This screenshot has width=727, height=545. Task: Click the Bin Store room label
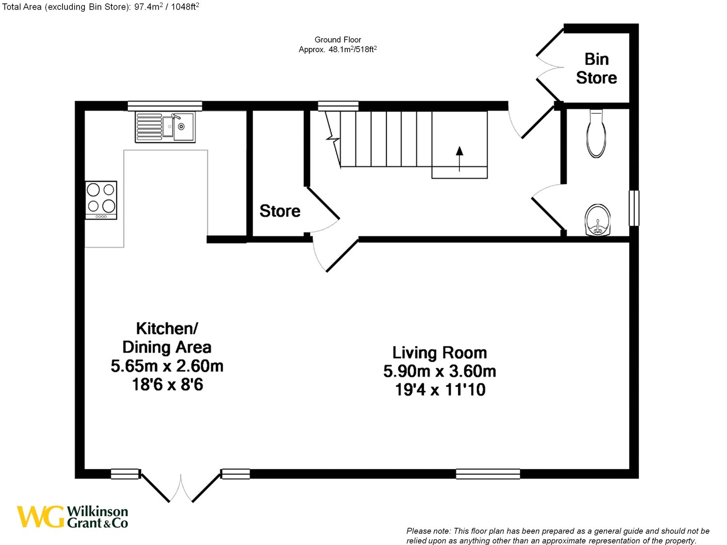coord(596,68)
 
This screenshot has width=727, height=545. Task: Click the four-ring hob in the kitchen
coord(101,200)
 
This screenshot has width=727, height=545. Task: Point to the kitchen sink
coord(165,127)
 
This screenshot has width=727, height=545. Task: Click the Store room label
coord(280,211)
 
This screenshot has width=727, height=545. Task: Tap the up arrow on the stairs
coord(459,158)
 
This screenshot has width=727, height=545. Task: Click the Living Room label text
coord(439,352)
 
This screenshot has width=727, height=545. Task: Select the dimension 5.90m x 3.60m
coord(439,371)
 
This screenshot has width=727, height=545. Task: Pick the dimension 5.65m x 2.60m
coord(167,366)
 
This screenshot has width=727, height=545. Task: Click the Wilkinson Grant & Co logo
coord(73,517)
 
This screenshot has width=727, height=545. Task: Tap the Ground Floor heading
coord(338,40)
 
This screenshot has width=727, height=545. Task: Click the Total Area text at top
coord(101,7)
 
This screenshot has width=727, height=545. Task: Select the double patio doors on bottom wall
coord(180,487)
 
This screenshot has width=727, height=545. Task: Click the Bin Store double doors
coord(550,67)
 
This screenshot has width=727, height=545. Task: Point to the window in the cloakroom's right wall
coord(634,208)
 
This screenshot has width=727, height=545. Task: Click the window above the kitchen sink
coord(165,106)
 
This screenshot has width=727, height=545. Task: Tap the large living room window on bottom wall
coord(488,474)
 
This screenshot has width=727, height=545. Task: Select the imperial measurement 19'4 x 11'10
coord(440,389)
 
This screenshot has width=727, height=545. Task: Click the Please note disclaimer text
coord(557,536)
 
